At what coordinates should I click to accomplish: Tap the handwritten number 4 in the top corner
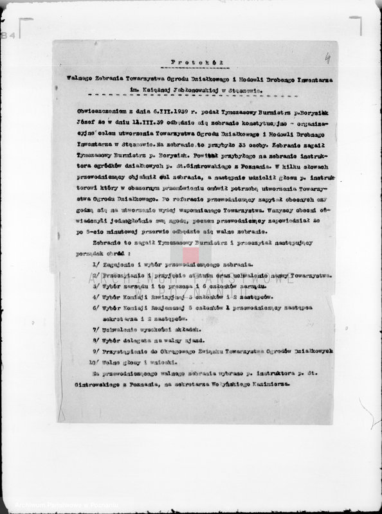coord(327,58)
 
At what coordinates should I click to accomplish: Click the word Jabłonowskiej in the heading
coord(194,91)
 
